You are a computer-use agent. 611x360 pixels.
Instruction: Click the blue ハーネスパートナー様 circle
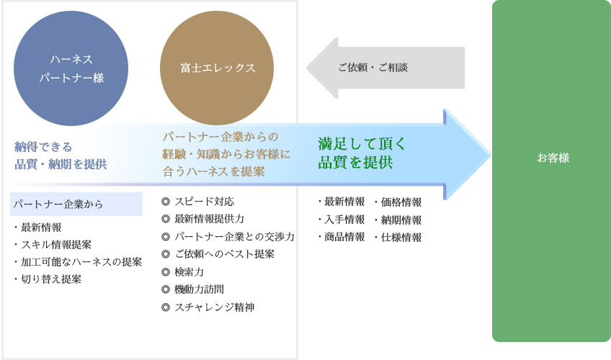(x=71, y=68)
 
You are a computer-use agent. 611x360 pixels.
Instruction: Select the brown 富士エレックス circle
(x=217, y=68)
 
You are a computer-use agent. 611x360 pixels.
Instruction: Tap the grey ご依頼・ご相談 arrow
(x=385, y=68)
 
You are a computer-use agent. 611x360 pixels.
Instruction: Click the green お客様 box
(x=551, y=171)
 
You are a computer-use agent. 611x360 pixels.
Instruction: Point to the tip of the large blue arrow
(x=491, y=155)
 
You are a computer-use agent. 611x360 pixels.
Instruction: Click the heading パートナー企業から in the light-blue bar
(x=58, y=204)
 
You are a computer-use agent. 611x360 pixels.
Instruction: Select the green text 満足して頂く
(x=362, y=143)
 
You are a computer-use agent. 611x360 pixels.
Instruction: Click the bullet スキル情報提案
(x=56, y=244)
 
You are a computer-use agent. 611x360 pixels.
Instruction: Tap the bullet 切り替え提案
(x=51, y=279)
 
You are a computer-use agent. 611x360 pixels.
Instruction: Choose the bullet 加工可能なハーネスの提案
(x=81, y=261)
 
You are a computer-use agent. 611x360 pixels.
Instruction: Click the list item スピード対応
(x=204, y=201)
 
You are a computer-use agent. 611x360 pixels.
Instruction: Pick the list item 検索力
(x=189, y=271)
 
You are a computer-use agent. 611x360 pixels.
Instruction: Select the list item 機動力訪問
(x=199, y=289)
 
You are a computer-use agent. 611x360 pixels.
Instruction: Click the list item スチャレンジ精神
(x=214, y=307)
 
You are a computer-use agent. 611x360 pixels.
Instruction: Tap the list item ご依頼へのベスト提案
(x=225, y=253)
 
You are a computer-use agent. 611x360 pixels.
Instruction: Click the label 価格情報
(x=401, y=202)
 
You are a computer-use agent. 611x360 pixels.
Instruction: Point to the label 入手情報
(x=344, y=220)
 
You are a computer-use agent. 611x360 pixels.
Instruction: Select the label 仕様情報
(x=401, y=237)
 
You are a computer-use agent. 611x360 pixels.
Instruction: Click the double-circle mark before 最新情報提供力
(x=166, y=219)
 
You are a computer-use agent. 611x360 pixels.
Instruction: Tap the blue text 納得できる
(x=43, y=147)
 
